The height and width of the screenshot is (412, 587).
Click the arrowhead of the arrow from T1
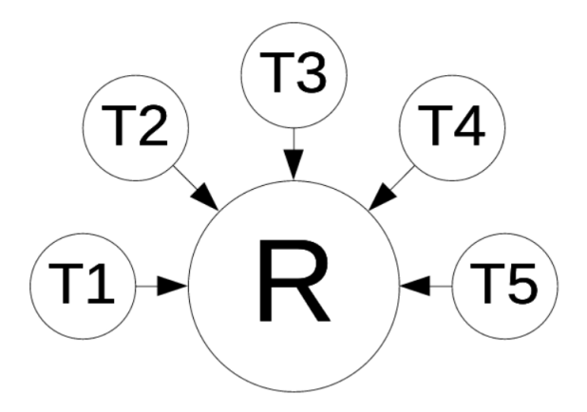click(x=172, y=286)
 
